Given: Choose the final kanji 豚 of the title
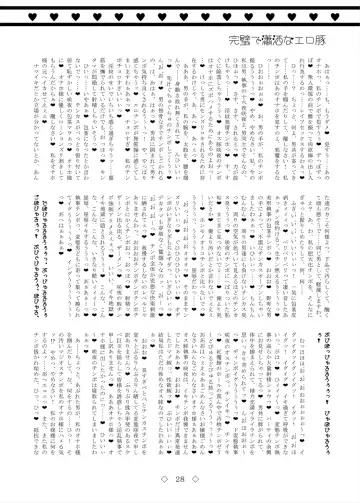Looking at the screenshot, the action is (331, 43).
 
